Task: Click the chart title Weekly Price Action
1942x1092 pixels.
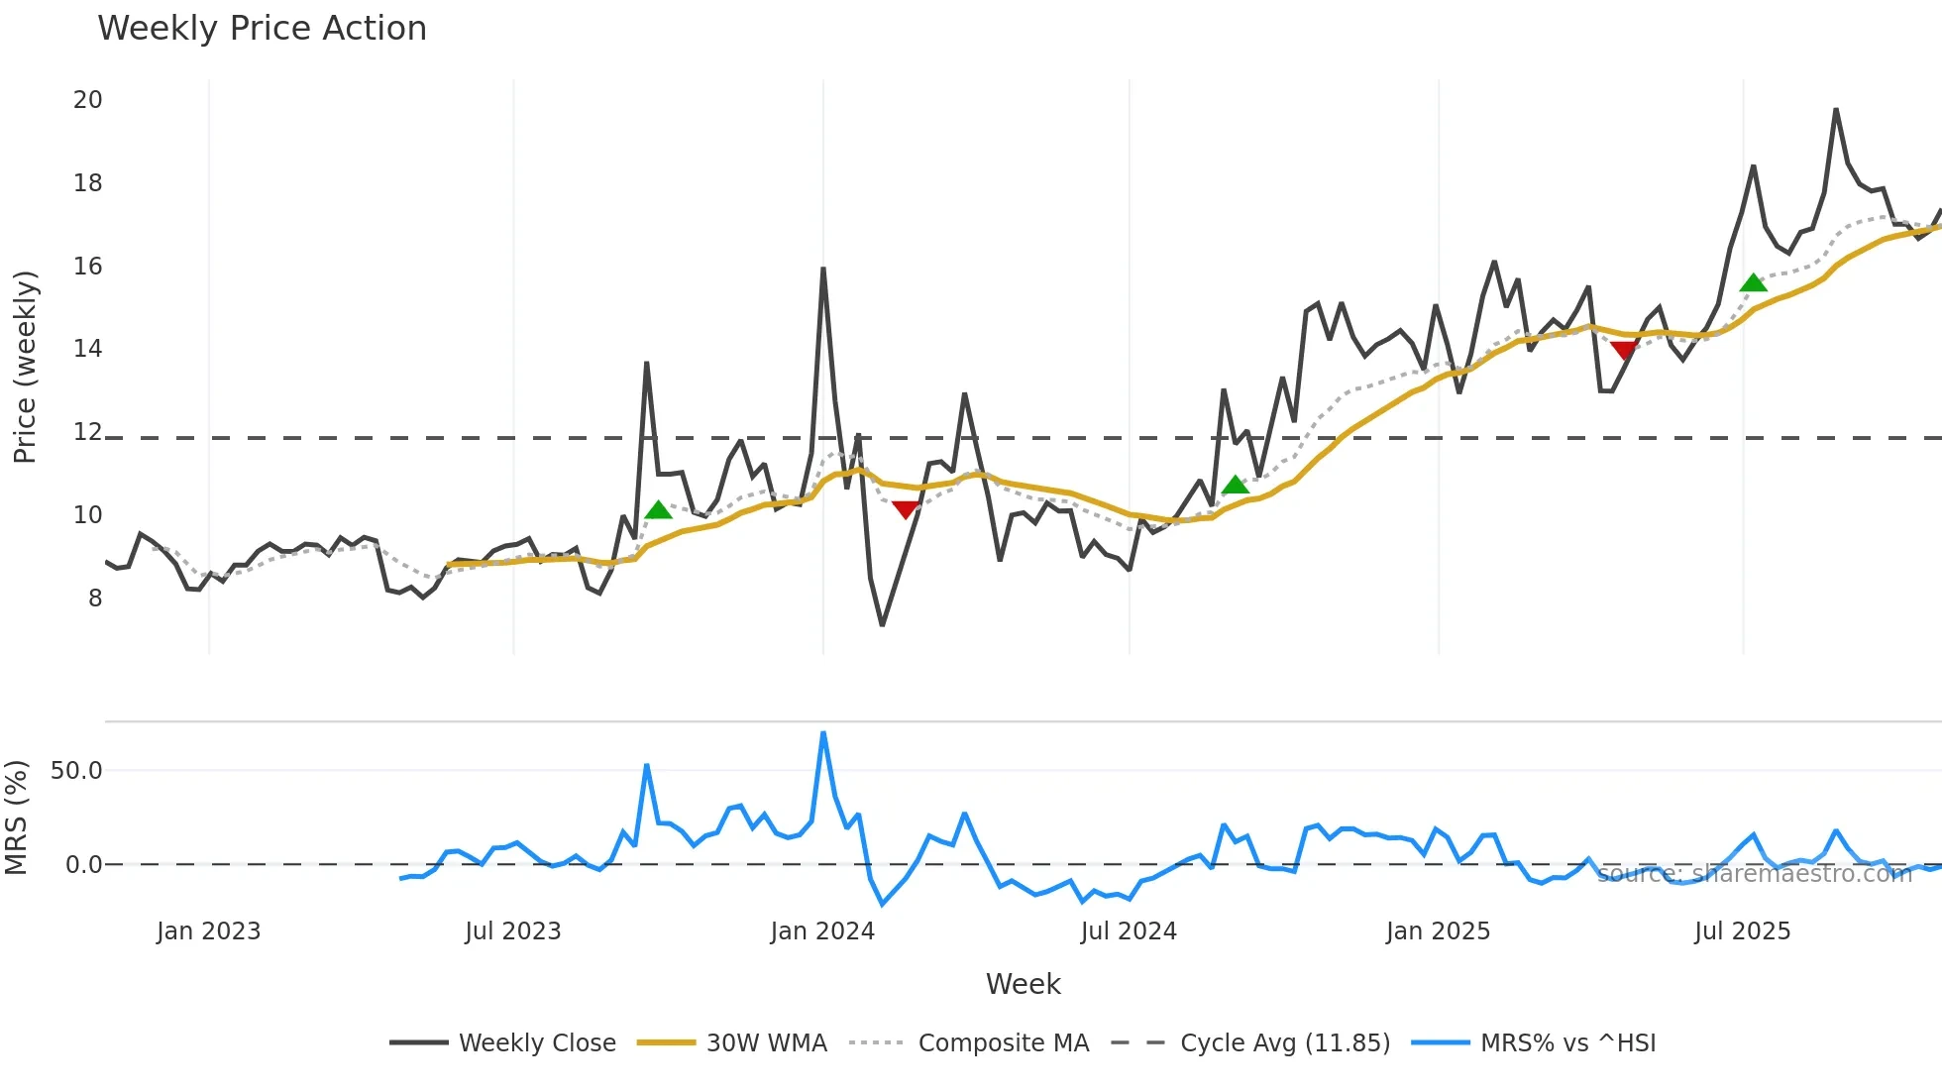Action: [262, 29]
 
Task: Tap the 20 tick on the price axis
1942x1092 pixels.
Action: [87, 100]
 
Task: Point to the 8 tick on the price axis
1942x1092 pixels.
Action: [94, 599]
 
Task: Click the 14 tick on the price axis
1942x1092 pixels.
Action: [87, 349]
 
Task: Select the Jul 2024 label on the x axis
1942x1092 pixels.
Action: [1129, 931]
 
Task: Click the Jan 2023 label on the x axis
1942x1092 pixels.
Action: [208, 931]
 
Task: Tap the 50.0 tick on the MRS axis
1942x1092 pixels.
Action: [76, 771]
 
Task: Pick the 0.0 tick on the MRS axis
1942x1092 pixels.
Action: [83, 865]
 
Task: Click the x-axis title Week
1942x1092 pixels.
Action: [1023, 984]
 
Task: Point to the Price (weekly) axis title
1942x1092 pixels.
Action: [25, 367]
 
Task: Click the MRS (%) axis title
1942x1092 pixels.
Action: [17, 818]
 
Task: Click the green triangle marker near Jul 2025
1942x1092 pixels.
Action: [1753, 283]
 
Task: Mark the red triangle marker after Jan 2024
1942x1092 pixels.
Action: [905, 509]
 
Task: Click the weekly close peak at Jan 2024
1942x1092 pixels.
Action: [823, 269]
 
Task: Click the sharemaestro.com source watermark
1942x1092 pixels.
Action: [1754, 874]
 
